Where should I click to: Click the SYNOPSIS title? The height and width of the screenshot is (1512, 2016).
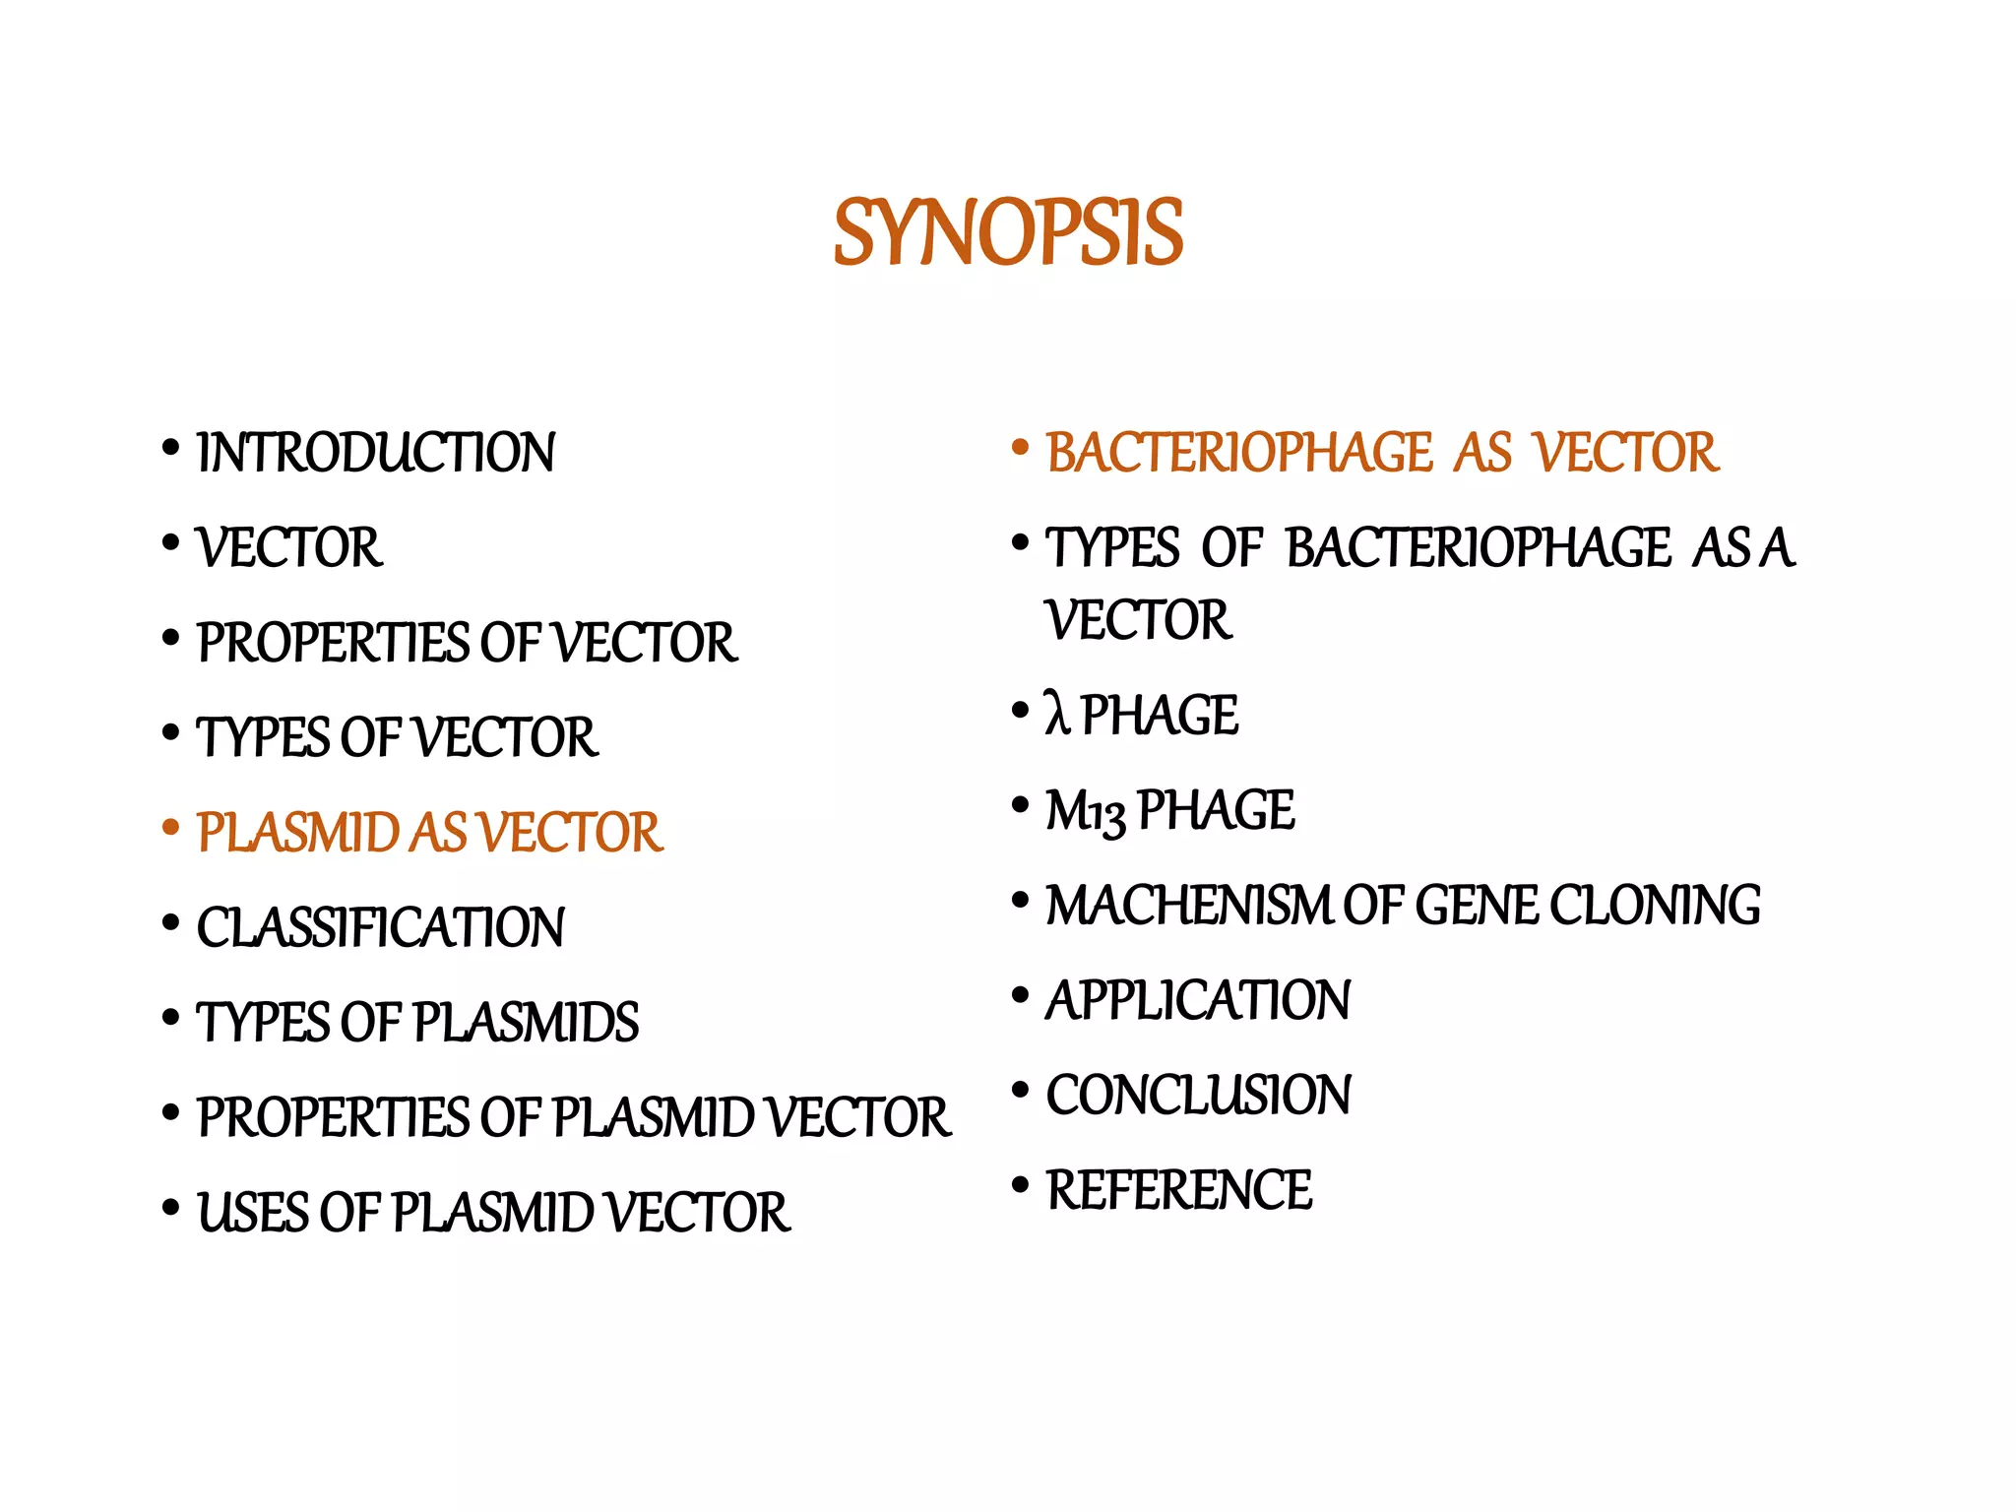(1008, 233)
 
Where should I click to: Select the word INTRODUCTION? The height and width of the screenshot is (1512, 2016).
(376, 453)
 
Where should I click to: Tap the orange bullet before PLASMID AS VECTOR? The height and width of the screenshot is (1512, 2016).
(171, 828)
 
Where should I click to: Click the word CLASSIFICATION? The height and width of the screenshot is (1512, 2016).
(381, 927)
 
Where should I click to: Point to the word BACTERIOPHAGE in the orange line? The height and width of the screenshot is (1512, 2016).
(1238, 453)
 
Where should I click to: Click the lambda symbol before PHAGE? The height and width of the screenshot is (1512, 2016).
(1057, 714)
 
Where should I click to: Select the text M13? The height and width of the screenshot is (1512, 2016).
(1085, 812)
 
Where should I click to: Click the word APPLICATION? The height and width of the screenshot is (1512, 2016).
(1198, 1000)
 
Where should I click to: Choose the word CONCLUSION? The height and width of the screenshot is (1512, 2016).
(1199, 1095)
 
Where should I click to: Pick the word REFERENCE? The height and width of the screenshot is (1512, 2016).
(1179, 1189)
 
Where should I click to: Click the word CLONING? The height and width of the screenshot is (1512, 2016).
(1656, 906)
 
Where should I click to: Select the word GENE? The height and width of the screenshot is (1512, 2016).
(1477, 906)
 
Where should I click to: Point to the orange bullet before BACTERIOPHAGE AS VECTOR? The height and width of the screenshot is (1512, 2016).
(1020, 449)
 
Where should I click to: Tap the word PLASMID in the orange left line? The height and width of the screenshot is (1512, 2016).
(296, 833)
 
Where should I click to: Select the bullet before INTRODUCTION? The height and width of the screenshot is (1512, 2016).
(171, 449)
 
